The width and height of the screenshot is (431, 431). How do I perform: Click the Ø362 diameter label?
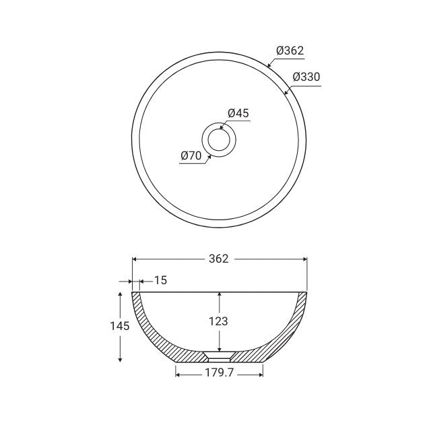pyautogui.click(x=290, y=51)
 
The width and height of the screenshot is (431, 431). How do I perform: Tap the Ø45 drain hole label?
pyautogui.click(x=238, y=113)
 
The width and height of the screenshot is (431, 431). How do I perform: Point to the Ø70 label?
pyautogui.click(x=191, y=156)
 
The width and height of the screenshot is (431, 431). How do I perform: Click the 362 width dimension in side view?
pyautogui.click(x=219, y=259)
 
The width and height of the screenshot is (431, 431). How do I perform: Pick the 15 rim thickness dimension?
pyautogui.click(x=160, y=280)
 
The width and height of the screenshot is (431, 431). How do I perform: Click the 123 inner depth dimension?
pyautogui.click(x=219, y=321)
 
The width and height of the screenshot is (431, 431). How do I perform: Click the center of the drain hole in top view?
pyautogui.click(x=219, y=140)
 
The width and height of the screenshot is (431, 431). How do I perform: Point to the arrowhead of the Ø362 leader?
pyautogui.click(x=269, y=67)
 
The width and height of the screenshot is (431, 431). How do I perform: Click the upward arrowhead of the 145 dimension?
pyautogui.click(x=120, y=294)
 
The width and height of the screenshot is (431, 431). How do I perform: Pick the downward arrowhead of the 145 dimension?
pyautogui.click(x=120, y=360)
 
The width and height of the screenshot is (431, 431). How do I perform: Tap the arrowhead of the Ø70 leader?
pyautogui.click(x=210, y=156)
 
